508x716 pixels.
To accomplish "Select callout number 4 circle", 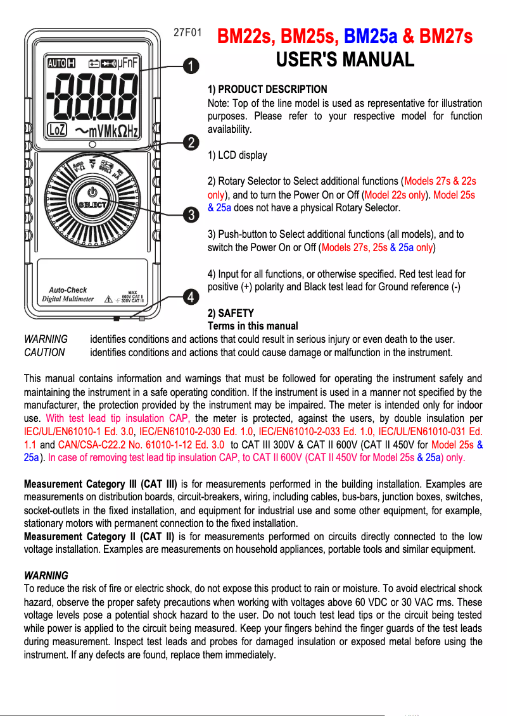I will point(189,295).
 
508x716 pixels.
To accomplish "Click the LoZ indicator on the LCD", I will point(57,130).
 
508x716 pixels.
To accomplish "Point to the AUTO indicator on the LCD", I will point(56,63).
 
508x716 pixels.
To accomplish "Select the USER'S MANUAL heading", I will point(345,60).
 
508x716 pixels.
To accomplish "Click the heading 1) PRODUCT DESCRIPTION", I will point(267,89).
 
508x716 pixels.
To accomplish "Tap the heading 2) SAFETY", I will point(231,313).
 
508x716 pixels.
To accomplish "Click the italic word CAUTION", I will point(44,352).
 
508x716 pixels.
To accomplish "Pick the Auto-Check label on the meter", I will point(68,290).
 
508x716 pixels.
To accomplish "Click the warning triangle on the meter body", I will point(109,298).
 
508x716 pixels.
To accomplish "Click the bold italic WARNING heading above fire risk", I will point(46,576).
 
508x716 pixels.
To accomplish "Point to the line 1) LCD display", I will point(238,155).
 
